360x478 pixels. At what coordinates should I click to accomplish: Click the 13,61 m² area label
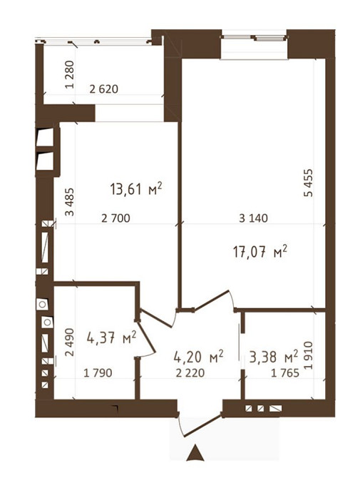[136, 189]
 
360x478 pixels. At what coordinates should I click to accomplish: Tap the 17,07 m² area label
[260, 252]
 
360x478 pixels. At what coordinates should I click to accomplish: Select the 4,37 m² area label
[111, 337]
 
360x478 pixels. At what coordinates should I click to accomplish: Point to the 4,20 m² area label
[199, 357]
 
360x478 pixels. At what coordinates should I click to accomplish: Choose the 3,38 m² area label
[274, 357]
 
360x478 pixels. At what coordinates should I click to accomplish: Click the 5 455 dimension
[309, 183]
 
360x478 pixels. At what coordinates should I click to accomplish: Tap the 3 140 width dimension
[253, 218]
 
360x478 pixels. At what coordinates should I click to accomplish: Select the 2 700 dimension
[115, 218]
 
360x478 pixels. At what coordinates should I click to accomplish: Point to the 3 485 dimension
[70, 202]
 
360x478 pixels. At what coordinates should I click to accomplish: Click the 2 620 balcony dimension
[104, 89]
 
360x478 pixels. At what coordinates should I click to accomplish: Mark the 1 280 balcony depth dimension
[70, 75]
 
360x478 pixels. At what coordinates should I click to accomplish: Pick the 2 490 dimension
[70, 342]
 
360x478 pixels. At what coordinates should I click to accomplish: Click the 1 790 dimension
[98, 373]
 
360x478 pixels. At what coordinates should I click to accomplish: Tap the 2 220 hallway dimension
[190, 373]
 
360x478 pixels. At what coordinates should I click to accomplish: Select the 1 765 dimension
[285, 373]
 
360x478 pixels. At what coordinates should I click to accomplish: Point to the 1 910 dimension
[309, 355]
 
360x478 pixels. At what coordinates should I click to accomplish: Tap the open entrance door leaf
[202, 425]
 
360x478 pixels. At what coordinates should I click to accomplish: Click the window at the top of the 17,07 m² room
[254, 38]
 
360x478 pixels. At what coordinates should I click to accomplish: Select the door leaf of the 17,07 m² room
[212, 300]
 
